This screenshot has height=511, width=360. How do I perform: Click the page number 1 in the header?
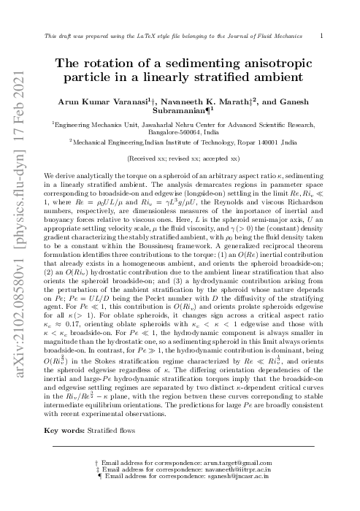click(322, 34)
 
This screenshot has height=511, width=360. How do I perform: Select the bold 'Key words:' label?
click(61, 431)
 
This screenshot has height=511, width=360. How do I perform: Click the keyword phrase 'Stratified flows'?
click(104, 431)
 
